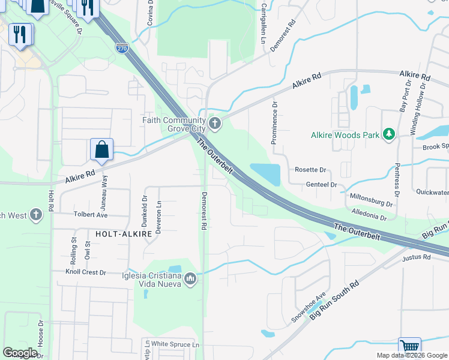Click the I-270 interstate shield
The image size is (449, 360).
[x=122, y=46]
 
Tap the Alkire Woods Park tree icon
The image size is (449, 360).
[x=389, y=134]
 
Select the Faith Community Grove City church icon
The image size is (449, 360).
[x=215, y=124]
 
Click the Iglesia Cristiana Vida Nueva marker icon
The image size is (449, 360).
[x=190, y=278]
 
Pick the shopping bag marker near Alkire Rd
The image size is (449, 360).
[x=101, y=149]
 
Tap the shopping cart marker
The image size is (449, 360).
[x=409, y=347]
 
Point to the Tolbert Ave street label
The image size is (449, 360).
[x=90, y=214]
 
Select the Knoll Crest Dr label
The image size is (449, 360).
[x=86, y=272]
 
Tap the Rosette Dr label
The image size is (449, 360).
[x=310, y=170]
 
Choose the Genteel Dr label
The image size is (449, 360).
[x=321, y=185]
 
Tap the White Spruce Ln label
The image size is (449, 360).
[x=175, y=344]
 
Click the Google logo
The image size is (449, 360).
[x=20, y=353]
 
